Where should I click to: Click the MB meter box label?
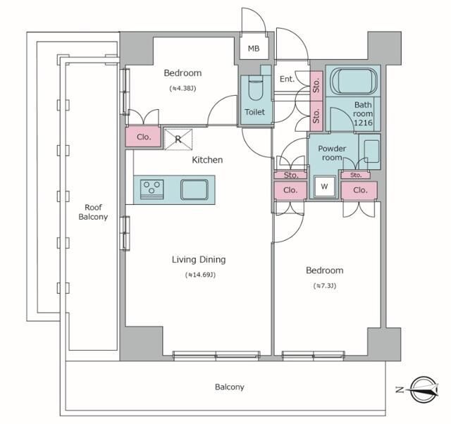[x=254, y=49]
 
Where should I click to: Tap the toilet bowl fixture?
[x=255, y=88]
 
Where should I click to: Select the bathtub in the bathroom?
[x=354, y=81]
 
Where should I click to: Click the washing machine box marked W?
[x=324, y=187]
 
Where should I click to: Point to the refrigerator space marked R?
[x=178, y=139]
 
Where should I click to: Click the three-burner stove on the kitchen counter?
[x=152, y=189]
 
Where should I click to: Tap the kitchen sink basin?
[x=194, y=189]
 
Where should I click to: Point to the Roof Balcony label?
[x=93, y=212]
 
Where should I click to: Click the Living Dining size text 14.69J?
[x=200, y=275]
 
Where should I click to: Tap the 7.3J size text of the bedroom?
[x=324, y=286]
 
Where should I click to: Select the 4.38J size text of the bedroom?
[x=183, y=88]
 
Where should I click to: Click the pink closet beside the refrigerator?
[x=143, y=137]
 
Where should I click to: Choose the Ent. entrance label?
[x=287, y=79]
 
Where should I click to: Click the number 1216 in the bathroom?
[x=363, y=123]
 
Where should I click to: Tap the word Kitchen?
[x=207, y=160]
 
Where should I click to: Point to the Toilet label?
[x=254, y=112]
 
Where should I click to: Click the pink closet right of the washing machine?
[x=359, y=190]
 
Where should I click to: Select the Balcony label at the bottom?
[x=230, y=387]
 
